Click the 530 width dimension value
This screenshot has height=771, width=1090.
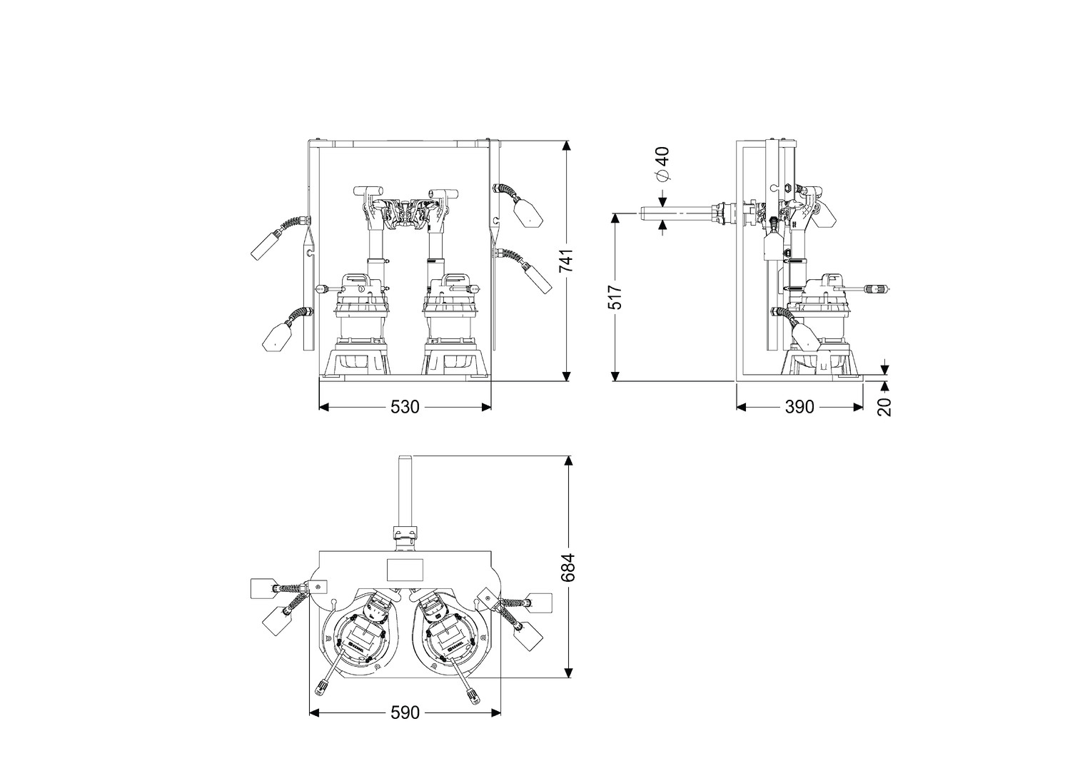[x=405, y=407]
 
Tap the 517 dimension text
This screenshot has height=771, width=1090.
[x=615, y=298]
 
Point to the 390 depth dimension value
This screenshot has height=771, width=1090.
[x=799, y=407]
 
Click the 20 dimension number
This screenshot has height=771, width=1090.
[x=885, y=407]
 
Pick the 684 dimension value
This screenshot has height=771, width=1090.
[x=568, y=568]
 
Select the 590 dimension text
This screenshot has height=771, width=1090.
[x=405, y=712]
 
